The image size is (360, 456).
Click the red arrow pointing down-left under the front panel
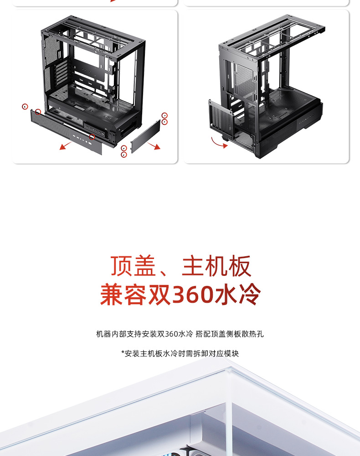[66, 145]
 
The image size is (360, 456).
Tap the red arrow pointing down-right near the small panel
[154, 145]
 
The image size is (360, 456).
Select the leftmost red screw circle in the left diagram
[25, 106]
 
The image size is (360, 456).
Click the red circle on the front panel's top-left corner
[38, 112]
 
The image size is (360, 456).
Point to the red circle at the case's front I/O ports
[92, 137]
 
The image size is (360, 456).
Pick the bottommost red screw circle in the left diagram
[123, 155]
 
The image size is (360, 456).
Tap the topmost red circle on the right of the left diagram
[165, 116]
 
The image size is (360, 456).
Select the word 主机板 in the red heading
[216, 267]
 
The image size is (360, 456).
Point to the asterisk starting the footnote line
[123, 353]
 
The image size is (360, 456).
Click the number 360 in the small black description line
[172, 334]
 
